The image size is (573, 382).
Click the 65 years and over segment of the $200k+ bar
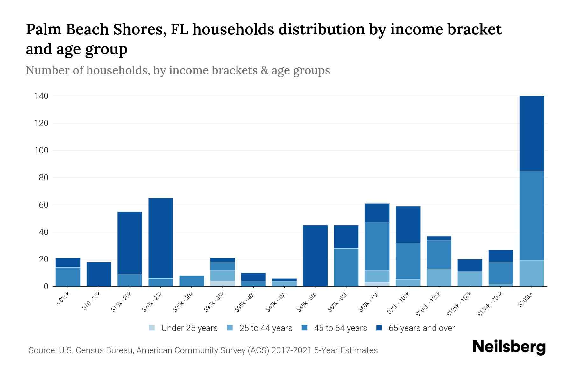tap(531, 133)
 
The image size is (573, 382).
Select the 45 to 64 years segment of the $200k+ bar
tap(531, 216)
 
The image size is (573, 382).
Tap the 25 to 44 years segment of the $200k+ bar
tap(531, 273)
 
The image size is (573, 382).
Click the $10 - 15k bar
tap(99, 274)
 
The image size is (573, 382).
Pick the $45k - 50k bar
tap(315, 256)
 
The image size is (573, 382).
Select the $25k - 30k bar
tap(192, 281)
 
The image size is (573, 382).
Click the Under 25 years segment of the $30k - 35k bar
tap(223, 284)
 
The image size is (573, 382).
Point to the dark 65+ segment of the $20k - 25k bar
tap(161, 238)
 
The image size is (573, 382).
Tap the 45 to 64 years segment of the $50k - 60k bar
tap(346, 267)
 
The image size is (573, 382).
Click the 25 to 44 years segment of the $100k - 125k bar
tap(439, 278)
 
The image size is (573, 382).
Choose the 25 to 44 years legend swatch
tap(230, 328)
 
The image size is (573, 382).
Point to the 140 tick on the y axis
tap(41, 96)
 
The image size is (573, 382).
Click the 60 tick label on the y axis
tap(44, 205)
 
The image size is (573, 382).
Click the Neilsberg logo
tap(509, 347)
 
